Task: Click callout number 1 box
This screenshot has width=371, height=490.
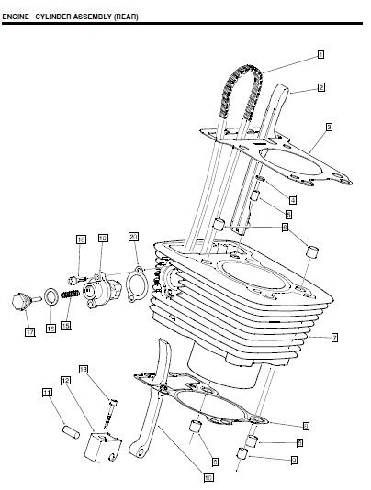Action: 321,54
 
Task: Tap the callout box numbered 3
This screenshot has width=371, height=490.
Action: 328,126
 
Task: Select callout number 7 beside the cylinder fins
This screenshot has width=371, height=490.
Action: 334,338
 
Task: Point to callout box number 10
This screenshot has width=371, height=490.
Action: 208,476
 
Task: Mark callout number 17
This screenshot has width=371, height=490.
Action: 29,331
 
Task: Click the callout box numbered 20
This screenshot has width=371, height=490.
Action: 134,237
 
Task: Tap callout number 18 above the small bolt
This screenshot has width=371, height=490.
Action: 81,239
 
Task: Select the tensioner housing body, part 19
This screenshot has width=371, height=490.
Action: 98,289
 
